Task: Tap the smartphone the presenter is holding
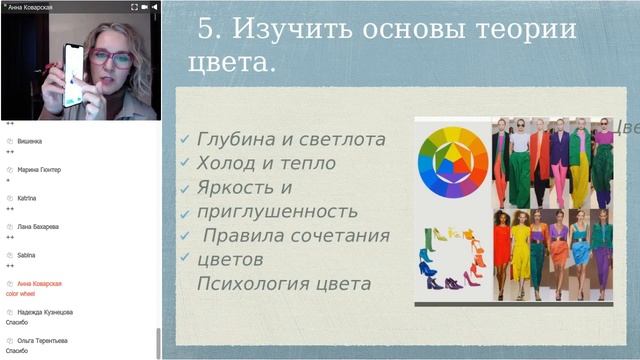(73, 75)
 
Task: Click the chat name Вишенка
(29, 142)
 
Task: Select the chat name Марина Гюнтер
(39, 170)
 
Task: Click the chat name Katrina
(27, 198)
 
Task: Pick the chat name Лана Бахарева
(38, 227)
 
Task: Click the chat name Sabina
(26, 255)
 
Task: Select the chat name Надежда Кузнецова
(45, 312)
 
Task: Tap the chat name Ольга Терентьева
(43, 340)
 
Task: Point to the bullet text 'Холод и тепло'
(266, 163)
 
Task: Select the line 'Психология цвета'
(284, 284)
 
